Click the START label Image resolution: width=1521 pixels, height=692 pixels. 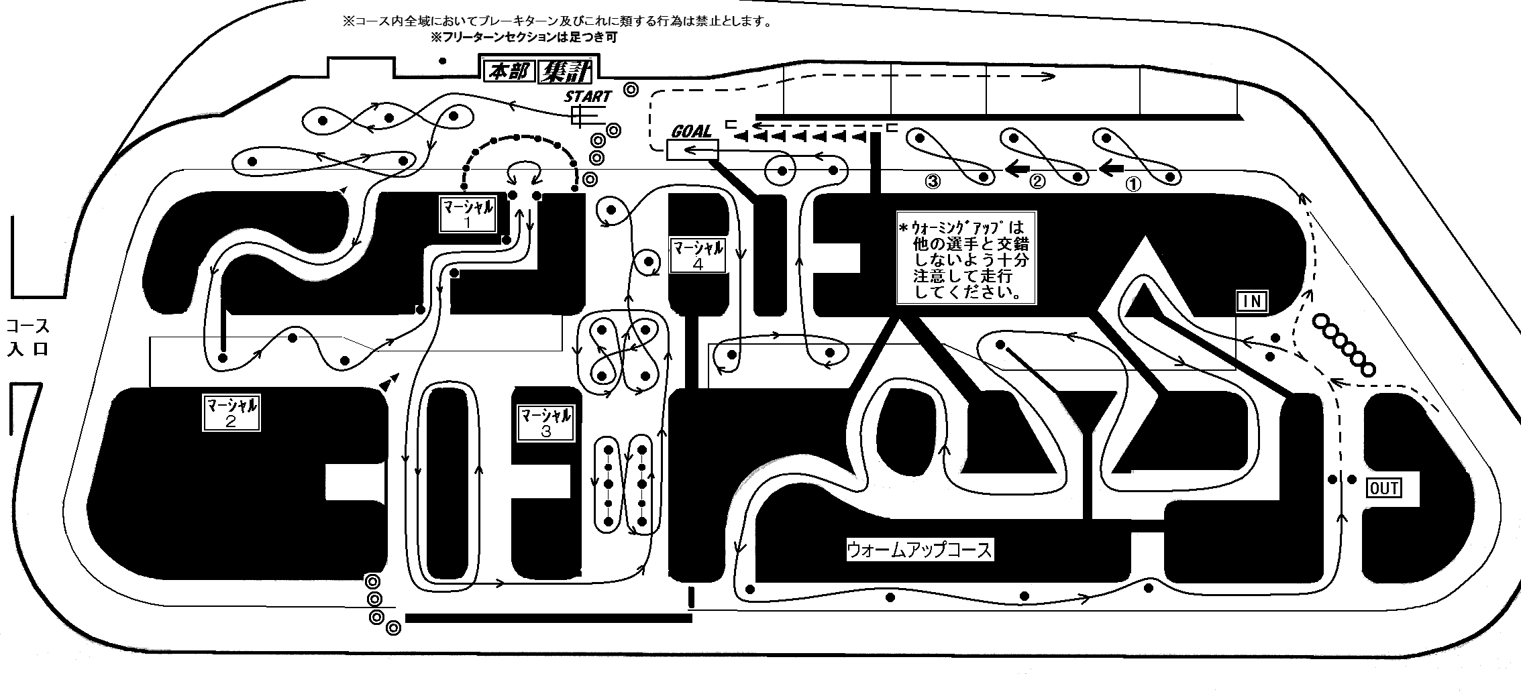pyautogui.click(x=588, y=97)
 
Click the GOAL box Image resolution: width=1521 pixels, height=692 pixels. pyautogui.click(x=692, y=150)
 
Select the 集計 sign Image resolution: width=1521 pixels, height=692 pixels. pyautogui.click(x=564, y=71)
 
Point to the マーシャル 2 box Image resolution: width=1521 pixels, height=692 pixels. pyautogui.click(x=231, y=412)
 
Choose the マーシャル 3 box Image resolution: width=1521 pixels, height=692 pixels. pyautogui.click(x=546, y=423)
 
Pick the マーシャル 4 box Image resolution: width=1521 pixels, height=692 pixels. pyautogui.click(x=698, y=255)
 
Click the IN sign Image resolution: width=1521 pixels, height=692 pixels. pyautogui.click(x=1252, y=302)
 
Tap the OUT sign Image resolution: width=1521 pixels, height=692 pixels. pyautogui.click(x=1384, y=488)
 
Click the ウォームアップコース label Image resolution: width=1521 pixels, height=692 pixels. pyautogui.click(x=919, y=551)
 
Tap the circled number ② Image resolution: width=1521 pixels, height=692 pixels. pyautogui.click(x=1037, y=182)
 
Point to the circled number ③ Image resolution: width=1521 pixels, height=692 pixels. pyautogui.click(x=933, y=181)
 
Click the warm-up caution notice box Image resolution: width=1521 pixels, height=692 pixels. pyautogui.click(x=967, y=257)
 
